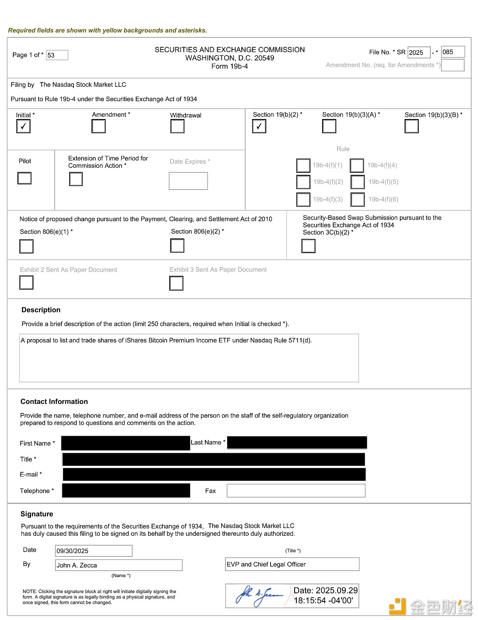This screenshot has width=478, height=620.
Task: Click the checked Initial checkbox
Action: pos(23,126)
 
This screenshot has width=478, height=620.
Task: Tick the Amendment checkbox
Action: pos(98,126)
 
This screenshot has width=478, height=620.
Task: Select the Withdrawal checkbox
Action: pos(177,126)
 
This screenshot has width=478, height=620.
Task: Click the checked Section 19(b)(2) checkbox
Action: pos(259,126)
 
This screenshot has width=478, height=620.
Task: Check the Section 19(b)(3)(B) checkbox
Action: pos(411,126)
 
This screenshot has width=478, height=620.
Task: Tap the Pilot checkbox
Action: pos(24,178)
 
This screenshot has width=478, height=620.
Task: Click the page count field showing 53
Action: pos(57,55)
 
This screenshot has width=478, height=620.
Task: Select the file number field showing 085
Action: pos(453,52)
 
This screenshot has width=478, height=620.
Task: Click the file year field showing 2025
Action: pos(418,52)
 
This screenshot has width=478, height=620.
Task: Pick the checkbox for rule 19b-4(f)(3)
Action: pos(303,199)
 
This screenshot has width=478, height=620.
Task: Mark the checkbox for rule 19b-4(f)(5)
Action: pos(358,182)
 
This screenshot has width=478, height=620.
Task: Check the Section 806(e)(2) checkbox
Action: pos(177,246)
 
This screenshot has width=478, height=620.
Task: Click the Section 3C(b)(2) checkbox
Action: pos(308,246)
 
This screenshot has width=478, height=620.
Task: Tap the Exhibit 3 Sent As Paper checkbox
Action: pos(176,283)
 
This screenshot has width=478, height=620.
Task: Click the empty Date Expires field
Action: pos(188,181)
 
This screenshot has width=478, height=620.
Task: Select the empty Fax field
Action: pos(296,491)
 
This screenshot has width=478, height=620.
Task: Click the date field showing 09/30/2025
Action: pos(94,551)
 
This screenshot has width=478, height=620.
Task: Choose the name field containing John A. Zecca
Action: pos(119,565)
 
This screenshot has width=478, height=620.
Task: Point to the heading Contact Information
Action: pos(54,402)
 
